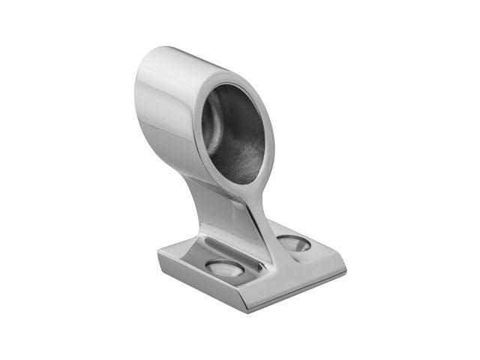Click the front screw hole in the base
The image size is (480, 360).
223,268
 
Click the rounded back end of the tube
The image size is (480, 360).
142,90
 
